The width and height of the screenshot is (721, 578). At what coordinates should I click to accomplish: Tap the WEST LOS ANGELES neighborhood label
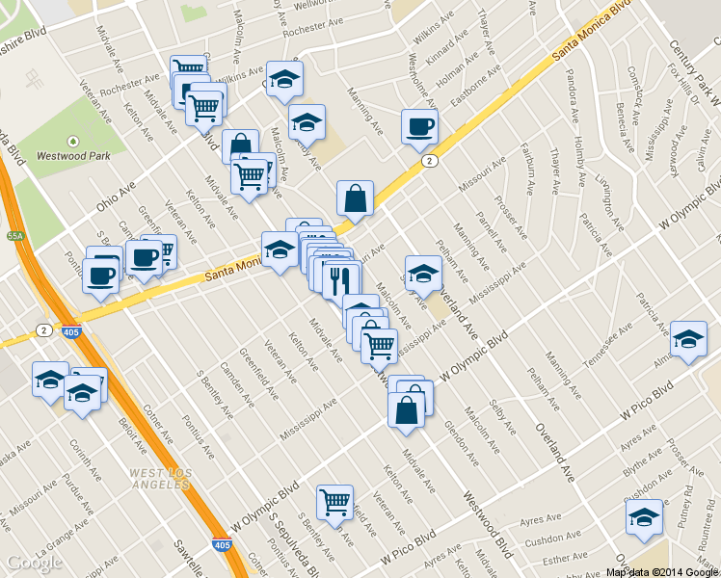click(x=161, y=478)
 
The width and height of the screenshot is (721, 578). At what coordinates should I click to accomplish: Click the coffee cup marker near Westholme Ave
click(x=419, y=126)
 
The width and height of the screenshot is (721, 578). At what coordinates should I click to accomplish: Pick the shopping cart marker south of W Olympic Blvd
click(x=334, y=501)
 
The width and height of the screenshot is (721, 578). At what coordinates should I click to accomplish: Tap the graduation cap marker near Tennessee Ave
click(x=688, y=339)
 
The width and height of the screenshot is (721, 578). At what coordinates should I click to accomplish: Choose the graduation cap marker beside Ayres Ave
click(x=644, y=517)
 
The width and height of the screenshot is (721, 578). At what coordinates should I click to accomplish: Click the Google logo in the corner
click(x=35, y=563)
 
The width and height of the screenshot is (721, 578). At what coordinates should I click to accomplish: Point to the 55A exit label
click(x=14, y=235)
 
